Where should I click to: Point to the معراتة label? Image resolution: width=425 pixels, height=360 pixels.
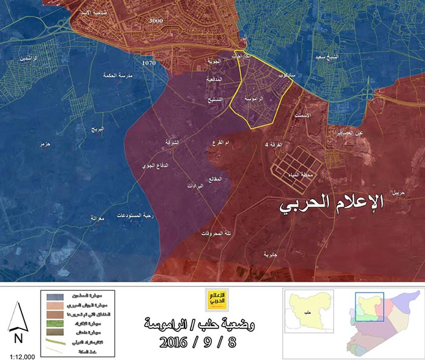tap(98, 217)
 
